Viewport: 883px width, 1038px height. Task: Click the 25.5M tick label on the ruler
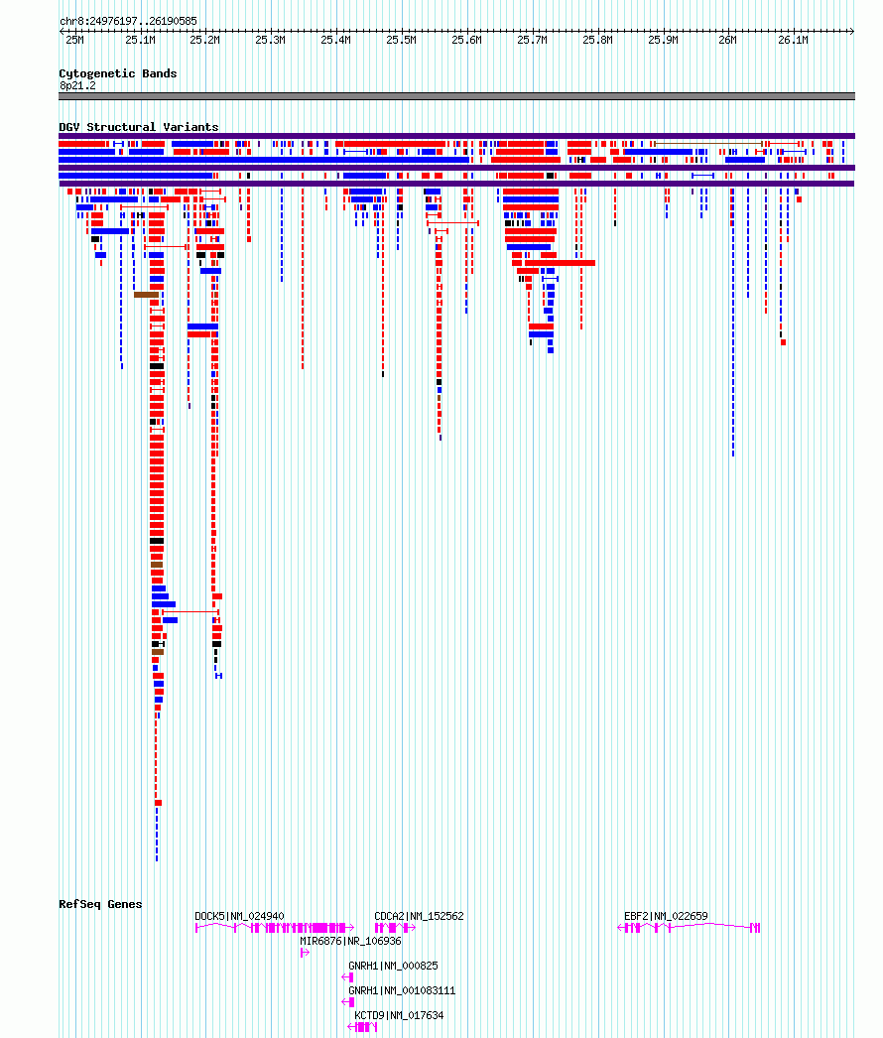coord(401,41)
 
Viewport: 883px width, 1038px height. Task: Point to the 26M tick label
coord(727,41)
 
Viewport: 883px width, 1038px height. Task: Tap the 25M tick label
coord(74,41)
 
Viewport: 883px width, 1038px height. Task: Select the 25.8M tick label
coord(597,41)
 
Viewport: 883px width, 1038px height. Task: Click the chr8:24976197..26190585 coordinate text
coord(128,21)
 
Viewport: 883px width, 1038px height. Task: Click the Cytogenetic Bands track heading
coord(118,73)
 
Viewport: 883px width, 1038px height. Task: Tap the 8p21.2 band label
coord(77,86)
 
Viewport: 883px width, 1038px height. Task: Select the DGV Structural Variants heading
coord(138,126)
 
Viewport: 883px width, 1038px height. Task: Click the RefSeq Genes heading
coord(100,904)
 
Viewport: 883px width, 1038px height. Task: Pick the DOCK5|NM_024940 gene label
coord(240,916)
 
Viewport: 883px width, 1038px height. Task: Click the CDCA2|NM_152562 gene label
coord(419,916)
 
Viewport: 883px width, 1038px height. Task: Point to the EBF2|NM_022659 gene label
coord(666,916)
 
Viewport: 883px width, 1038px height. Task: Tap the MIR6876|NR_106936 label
coord(350,942)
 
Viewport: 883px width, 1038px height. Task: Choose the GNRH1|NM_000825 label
coord(393,966)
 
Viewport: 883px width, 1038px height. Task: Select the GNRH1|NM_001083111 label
coord(402,991)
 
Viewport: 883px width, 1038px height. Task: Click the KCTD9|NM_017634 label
coord(399,1015)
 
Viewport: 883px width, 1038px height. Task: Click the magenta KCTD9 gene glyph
coord(362,1027)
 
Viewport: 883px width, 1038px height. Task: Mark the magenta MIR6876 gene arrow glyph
coord(306,953)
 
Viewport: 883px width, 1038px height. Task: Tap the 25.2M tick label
coord(204,41)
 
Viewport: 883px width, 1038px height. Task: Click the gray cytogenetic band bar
coord(456,96)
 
